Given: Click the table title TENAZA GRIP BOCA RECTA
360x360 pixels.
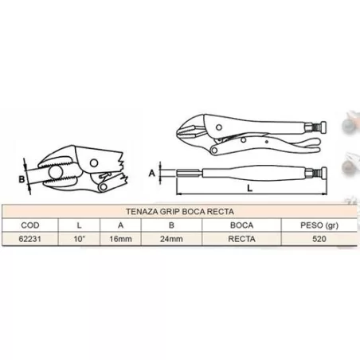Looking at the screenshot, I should point(179,211).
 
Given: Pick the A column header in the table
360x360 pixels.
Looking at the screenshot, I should point(119,225).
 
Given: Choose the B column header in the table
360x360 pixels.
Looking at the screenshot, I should point(165,225).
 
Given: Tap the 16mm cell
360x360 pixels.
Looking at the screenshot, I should point(119,237).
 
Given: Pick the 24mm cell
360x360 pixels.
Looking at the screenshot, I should point(165,237).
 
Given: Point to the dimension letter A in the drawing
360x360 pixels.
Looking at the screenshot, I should point(152,170).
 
